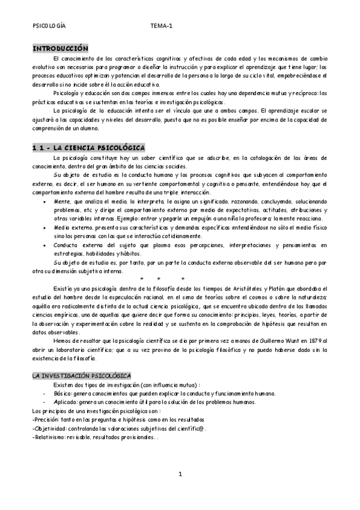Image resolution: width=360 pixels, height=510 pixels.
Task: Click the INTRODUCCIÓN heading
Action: (x=60, y=48)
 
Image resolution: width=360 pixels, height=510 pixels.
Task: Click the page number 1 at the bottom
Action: (x=180, y=475)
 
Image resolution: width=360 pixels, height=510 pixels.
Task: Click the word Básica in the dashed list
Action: (x=63, y=393)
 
